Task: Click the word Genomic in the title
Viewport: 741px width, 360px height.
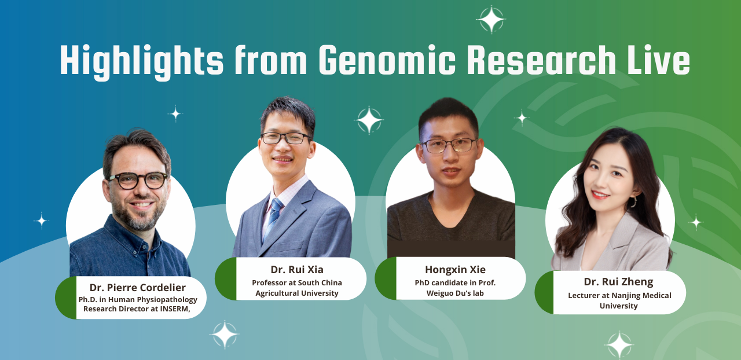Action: click(x=387, y=60)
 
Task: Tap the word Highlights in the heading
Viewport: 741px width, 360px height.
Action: click(x=142, y=62)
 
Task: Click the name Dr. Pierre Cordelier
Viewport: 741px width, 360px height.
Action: click(x=137, y=288)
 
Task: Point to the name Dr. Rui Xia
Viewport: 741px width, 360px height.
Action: click(x=297, y=270)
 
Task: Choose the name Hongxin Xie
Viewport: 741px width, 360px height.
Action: click(x=455, y=270)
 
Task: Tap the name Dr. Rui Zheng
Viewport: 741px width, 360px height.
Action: click(x=618, y=282)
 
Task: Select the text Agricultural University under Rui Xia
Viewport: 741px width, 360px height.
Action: click(x=297, y=293)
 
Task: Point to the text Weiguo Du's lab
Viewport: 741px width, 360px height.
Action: click(x=455, y=293)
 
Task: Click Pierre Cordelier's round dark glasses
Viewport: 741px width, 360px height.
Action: click(x=138, y=181)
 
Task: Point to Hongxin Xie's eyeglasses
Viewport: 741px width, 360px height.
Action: click(x=449, y=145)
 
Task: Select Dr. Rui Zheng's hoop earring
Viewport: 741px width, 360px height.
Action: click(x=633, y=201)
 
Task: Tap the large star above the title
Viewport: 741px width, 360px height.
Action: click(x=491, y=20)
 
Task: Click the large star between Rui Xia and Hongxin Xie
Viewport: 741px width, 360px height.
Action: click(x=369, y=120)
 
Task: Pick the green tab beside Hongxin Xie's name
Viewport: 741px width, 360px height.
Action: click(x=386, y=278)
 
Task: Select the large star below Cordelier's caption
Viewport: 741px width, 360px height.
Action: click(x=225, y=335)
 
